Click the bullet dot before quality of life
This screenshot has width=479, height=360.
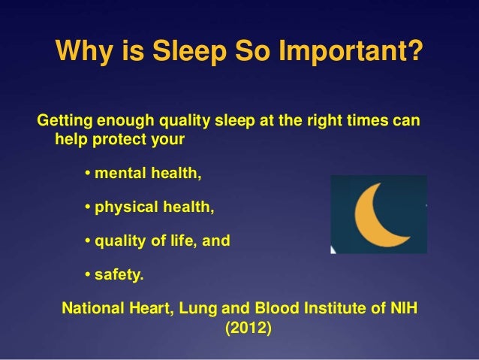87,242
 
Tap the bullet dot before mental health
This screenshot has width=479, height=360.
87,175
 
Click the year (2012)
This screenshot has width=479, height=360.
245,328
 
